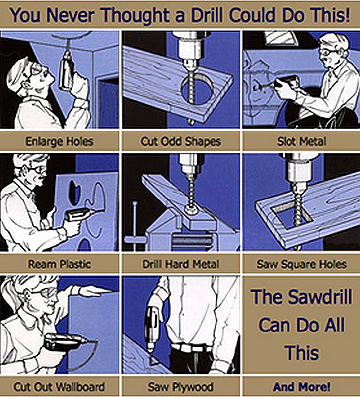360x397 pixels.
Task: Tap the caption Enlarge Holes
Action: point(60,141)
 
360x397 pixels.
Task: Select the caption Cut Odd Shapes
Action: point(181,141)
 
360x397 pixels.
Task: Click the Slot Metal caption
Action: point(301,141)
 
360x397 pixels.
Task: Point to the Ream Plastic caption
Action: point(60,265)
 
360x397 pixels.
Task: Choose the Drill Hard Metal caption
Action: point(181,265)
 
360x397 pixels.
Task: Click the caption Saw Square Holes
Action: point(301,265)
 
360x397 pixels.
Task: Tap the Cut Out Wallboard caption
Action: point(59,387)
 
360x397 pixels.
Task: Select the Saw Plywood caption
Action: point(180,387)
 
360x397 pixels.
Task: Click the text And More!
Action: point(301,387)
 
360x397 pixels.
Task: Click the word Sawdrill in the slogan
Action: point(320,297)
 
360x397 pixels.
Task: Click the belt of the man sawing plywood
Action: point(191,348)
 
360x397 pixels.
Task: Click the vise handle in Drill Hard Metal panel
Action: point(135,223)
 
